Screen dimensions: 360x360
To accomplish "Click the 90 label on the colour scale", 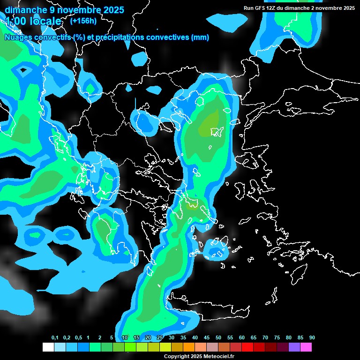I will click(x=312, y=337).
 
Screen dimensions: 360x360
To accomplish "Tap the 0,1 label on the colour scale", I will click(x=55, y=337).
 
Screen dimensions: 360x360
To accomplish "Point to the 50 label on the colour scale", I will click(x=218, y=337).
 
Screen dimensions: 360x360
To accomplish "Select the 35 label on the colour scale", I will click(x=183, y=337).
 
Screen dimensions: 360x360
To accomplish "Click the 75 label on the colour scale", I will click(x=277, y=337).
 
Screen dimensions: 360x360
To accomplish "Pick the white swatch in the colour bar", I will click(x=48, y=347).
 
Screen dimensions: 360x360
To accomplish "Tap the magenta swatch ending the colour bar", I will click(x=306, y=347).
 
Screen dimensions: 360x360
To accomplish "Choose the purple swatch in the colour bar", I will click(x=294, y=347).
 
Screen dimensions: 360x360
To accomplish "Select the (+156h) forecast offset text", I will click(x=83, y=21).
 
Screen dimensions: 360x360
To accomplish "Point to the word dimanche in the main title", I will click(x=23, y=10).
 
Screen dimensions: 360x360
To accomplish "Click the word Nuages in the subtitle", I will click(x=18, y=37).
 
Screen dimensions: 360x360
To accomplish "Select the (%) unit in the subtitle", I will click(x=78, y=37).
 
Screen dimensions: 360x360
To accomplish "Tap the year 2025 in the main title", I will click(x=112, y=10).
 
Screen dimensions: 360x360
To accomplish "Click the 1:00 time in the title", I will click(x=15, y=21).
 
